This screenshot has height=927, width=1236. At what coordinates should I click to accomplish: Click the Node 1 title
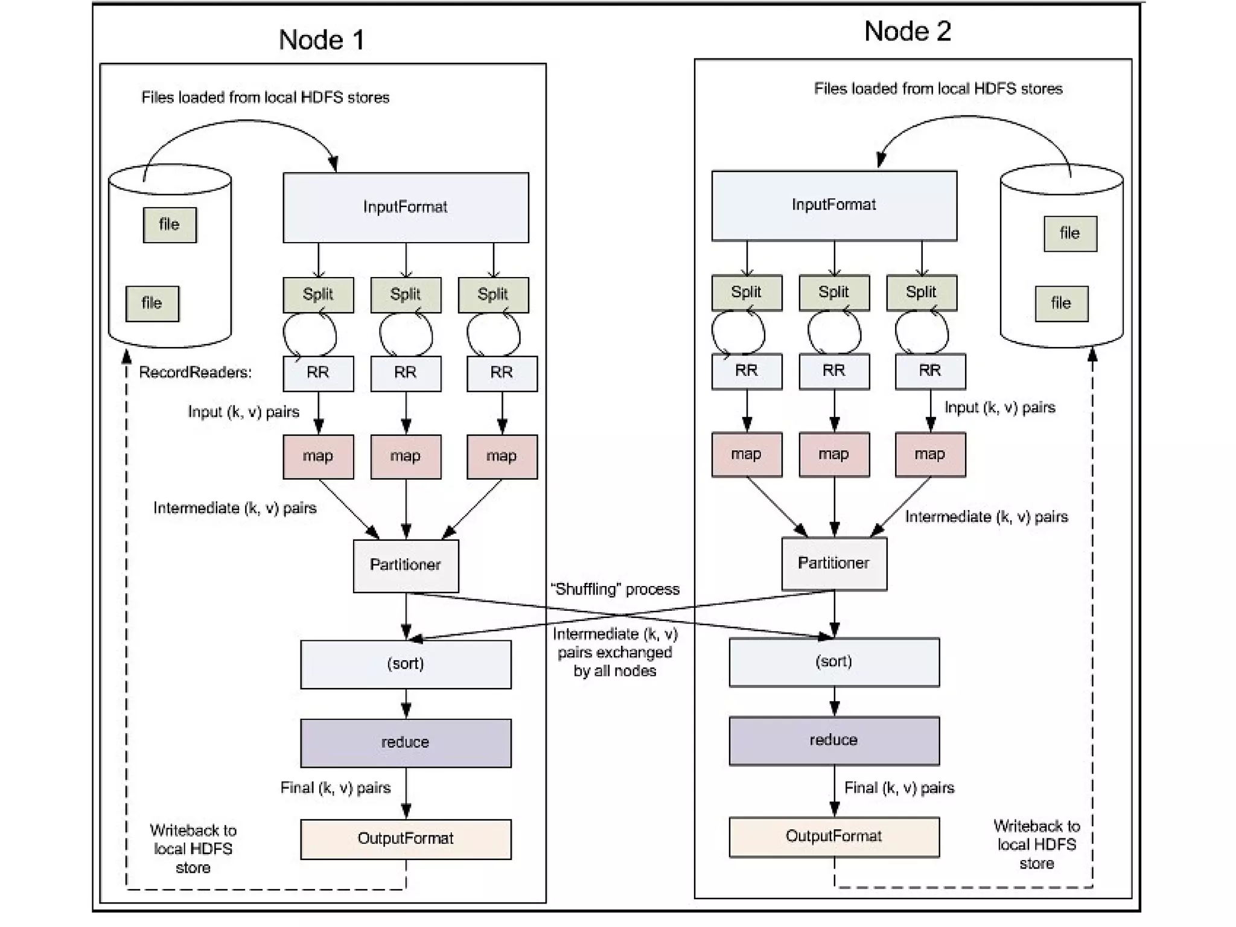pyautogui.click(x=322, y=40)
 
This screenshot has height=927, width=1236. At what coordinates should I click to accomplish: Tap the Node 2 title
pyautogui.click(x=907, y=31)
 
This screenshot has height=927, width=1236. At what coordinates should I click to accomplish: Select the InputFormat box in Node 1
pyautogui.click(x=406, y=208)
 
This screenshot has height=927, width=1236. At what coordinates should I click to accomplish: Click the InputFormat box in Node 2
pyautogui.click(x=834, y=205)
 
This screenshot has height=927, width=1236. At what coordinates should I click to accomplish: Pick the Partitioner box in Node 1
pyautogui.click(x=406, y=565)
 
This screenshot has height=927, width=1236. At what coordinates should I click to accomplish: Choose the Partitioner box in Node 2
pyautogui.click(x=834, y=563)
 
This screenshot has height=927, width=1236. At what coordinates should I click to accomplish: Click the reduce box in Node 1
pyautogui.click(x=406, y=742)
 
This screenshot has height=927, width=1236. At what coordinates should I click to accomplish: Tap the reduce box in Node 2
pyautogui.click(x=834, y=741)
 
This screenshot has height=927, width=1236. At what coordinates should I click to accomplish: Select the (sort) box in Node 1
pyautogui.click(x=406, y=664)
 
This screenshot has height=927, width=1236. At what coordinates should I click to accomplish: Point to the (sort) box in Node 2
pyautogui.click(x=834, y=661)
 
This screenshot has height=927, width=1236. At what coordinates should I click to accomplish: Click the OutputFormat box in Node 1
pyautogui.click(x=406, y=839)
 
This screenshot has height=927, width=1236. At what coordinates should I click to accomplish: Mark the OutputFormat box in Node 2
pyautogui.click(x=834, y=836)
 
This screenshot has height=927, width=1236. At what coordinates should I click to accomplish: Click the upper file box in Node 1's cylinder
pyautogui.click(x=170, y=225)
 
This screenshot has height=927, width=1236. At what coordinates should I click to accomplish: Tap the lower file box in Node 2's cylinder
pyautogui.click(x=1062, y=304)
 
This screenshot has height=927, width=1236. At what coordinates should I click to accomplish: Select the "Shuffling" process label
pyautogui.click(x=615, y=589)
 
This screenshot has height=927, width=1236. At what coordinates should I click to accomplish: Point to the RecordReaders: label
pyautogui.click(x=195, y=372)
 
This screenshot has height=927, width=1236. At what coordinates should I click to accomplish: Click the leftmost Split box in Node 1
pyautogui.click(x=318, y=295)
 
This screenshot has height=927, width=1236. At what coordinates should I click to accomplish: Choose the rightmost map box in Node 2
pyautogui.click(x=930, y=454)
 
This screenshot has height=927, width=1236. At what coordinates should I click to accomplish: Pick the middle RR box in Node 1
pyautogui.click(x=406, y=373)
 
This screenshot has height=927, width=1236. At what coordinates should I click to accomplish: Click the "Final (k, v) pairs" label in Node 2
pyautogui.click(x=899, y=788)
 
